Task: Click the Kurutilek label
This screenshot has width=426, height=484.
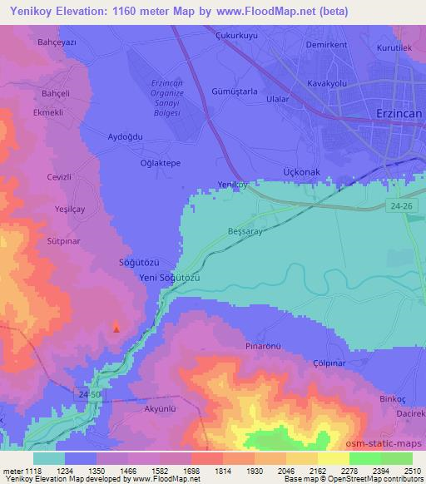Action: [x=394, y=48]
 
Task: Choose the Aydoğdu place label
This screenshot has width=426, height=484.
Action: [x=126, y=136]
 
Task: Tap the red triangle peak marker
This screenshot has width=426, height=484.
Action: [x=116, y=328]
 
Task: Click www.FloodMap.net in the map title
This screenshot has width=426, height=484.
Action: [x=268, y=11]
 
